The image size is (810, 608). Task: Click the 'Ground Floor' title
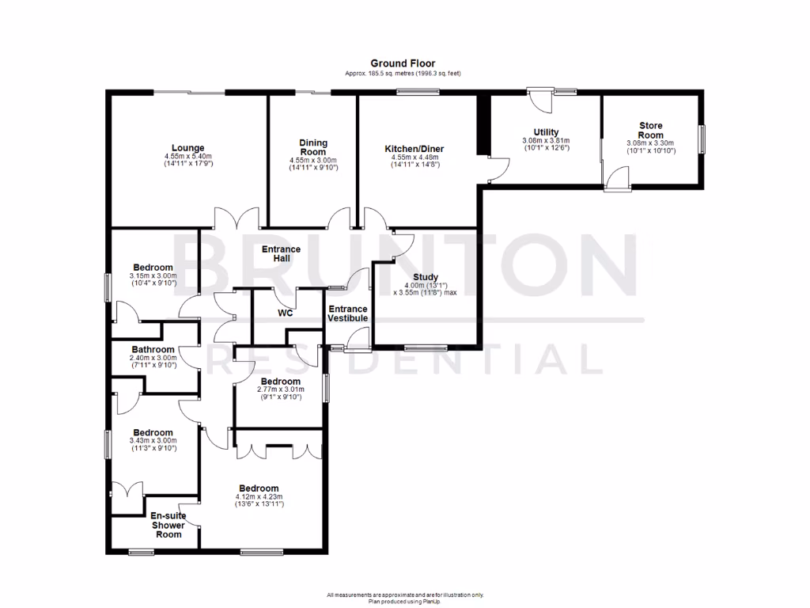pos(403,63)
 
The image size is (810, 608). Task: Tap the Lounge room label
pos(188,147)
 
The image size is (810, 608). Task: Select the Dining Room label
pos(313,147)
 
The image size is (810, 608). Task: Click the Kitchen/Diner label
pos(414,148)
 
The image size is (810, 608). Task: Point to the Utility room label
pos(546,132)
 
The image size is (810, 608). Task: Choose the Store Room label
pos(651,130)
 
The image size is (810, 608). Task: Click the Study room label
pos(425,277)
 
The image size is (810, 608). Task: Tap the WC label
pos(286,313)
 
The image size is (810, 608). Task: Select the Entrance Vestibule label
pos(348,313)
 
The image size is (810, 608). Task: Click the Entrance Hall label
pos(281,254)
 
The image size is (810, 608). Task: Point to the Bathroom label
pos(153,349)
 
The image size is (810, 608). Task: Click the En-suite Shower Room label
pos(168,525)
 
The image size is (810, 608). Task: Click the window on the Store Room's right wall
pos(701,139)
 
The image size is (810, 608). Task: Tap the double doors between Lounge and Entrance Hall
pos(236,218)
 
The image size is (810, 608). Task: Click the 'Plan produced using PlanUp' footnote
pos(404,601)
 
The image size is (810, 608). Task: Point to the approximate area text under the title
pos(403,74)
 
